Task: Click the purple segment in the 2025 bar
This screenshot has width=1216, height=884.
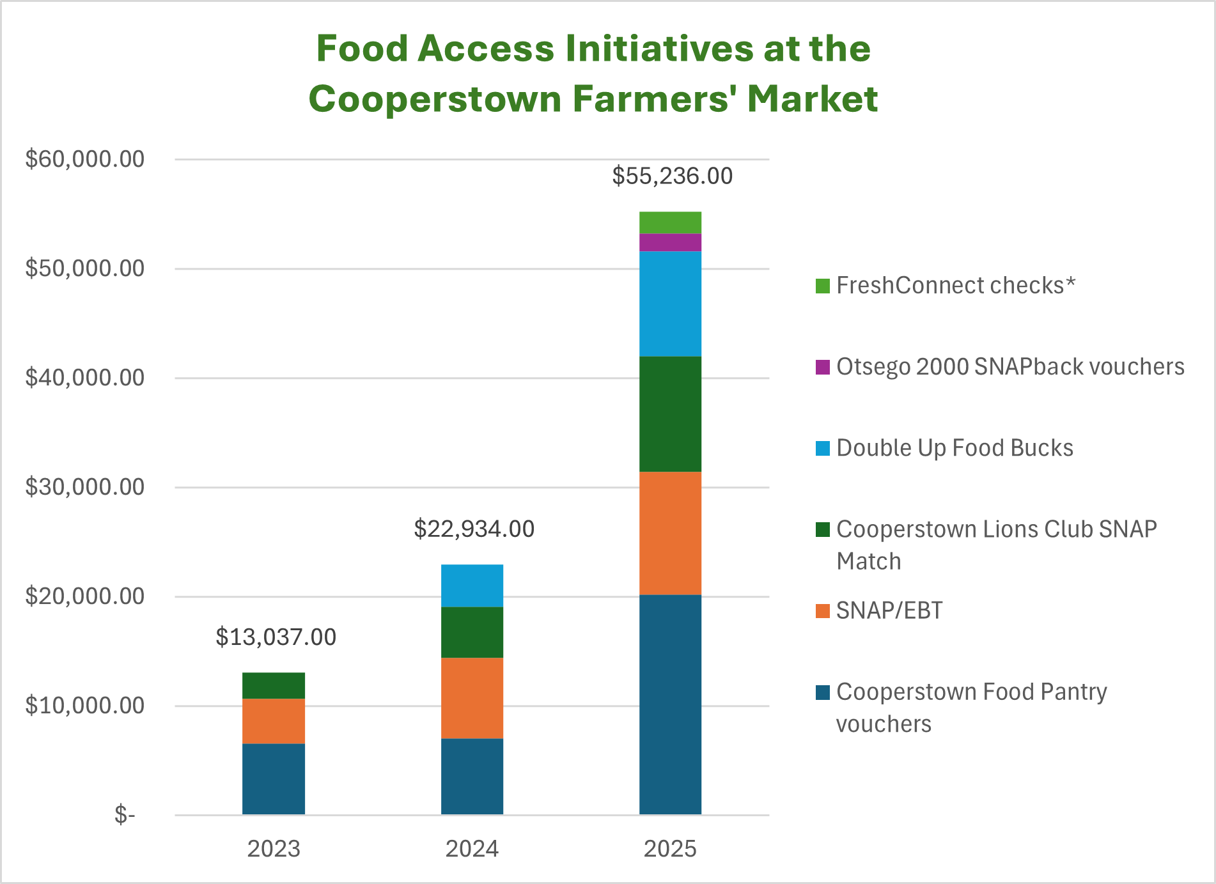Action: point(670,242)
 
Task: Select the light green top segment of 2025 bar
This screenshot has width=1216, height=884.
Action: point(670,222)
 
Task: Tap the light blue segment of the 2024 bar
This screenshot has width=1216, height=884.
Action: point(472,585)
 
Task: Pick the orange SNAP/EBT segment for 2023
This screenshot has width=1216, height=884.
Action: point(274,720)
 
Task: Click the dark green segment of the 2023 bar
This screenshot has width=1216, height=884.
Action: point(274,685)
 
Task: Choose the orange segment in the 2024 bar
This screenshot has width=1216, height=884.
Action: point(472,698)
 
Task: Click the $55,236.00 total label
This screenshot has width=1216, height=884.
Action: point(672,176)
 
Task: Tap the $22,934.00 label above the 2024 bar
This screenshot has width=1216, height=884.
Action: point(474,529)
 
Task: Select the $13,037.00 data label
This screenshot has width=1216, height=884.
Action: point(276,637)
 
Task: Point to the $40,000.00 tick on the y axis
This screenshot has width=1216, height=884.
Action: point(84,378)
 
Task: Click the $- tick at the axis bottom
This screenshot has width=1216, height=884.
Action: point(125,815)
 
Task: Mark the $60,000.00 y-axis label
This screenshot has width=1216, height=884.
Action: point(84,159)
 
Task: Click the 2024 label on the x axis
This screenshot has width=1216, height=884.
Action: point(472,849)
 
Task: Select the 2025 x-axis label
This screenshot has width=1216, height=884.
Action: point(670,849)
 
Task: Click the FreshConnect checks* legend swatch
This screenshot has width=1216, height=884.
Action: point(823,286)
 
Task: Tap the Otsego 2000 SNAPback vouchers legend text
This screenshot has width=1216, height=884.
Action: point(1009,367)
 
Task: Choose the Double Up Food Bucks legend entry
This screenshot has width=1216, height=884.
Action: point(954,448)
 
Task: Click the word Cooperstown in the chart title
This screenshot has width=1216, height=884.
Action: point(435,99)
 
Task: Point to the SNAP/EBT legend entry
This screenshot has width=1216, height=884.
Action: point(889,610)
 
